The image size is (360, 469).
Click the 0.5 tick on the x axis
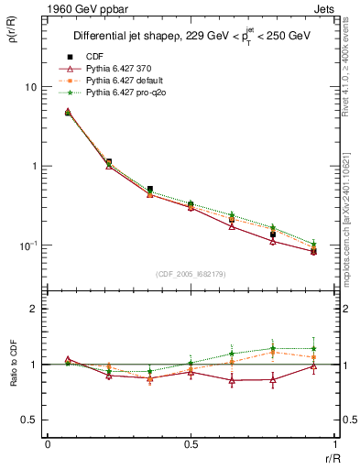pos(191,444)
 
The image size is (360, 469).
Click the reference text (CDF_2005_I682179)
pos(191,274)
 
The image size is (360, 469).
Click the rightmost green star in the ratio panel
pos(313,348)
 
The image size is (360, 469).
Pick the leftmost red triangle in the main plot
pos(68,113)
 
